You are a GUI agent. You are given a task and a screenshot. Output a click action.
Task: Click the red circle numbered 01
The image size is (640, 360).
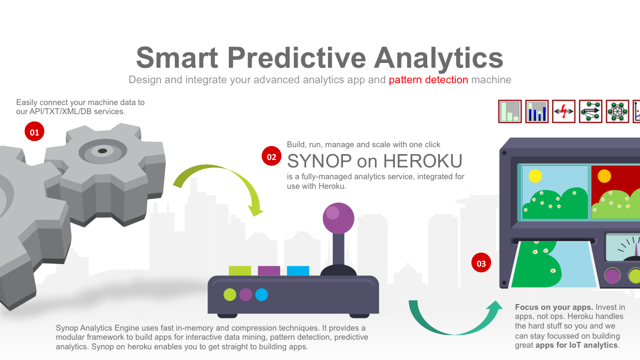pyautogui.click(x=34, y=131)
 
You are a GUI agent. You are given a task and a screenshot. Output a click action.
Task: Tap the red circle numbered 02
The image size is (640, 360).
pyautogui.click(x=271, y=156)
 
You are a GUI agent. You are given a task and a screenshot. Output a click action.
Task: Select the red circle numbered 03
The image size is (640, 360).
pyautogui.click(x=481, y=262)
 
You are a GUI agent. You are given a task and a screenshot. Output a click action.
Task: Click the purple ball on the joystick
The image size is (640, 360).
pyautogui.click(x=339, y=218)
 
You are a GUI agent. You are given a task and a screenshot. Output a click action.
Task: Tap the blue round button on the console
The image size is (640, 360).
pyautogui.click(x=261, y=294)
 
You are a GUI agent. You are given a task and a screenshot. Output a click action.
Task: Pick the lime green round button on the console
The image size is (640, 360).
pyautogui.click(x=230, y=294)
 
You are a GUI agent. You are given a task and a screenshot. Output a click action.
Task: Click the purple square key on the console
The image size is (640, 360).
pyautogui.click(x=269, y=270)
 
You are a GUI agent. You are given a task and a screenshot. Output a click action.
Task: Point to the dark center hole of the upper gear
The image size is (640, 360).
pyautogui.click(x=102, y=151)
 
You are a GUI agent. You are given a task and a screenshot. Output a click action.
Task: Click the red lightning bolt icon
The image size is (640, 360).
pyautogui.click(x=563, y=111)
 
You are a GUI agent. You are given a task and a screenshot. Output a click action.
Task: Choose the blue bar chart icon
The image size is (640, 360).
pyautogui.click(x=537, y=111)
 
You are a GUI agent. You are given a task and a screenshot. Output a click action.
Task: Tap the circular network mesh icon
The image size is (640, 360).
pyautogui.click(x=618, y=111)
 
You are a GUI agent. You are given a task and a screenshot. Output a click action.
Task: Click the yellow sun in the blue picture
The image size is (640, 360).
pyautogui.click(x=535, y=176)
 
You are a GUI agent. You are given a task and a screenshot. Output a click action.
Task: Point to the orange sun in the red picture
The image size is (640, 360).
pyautogui.click(x=604, y=176)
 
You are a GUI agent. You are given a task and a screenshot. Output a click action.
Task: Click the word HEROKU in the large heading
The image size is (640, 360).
pyautogui.click(x=422, y=161)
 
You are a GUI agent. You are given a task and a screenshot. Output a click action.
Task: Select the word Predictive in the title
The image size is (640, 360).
pyautogui.click(x=297, y=58)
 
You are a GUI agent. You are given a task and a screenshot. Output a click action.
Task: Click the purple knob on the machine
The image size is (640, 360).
pyautogui.click(x=612, y=275)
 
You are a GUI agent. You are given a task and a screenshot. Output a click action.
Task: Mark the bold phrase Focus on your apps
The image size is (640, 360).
pyautogui.click(x=554, y=307)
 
